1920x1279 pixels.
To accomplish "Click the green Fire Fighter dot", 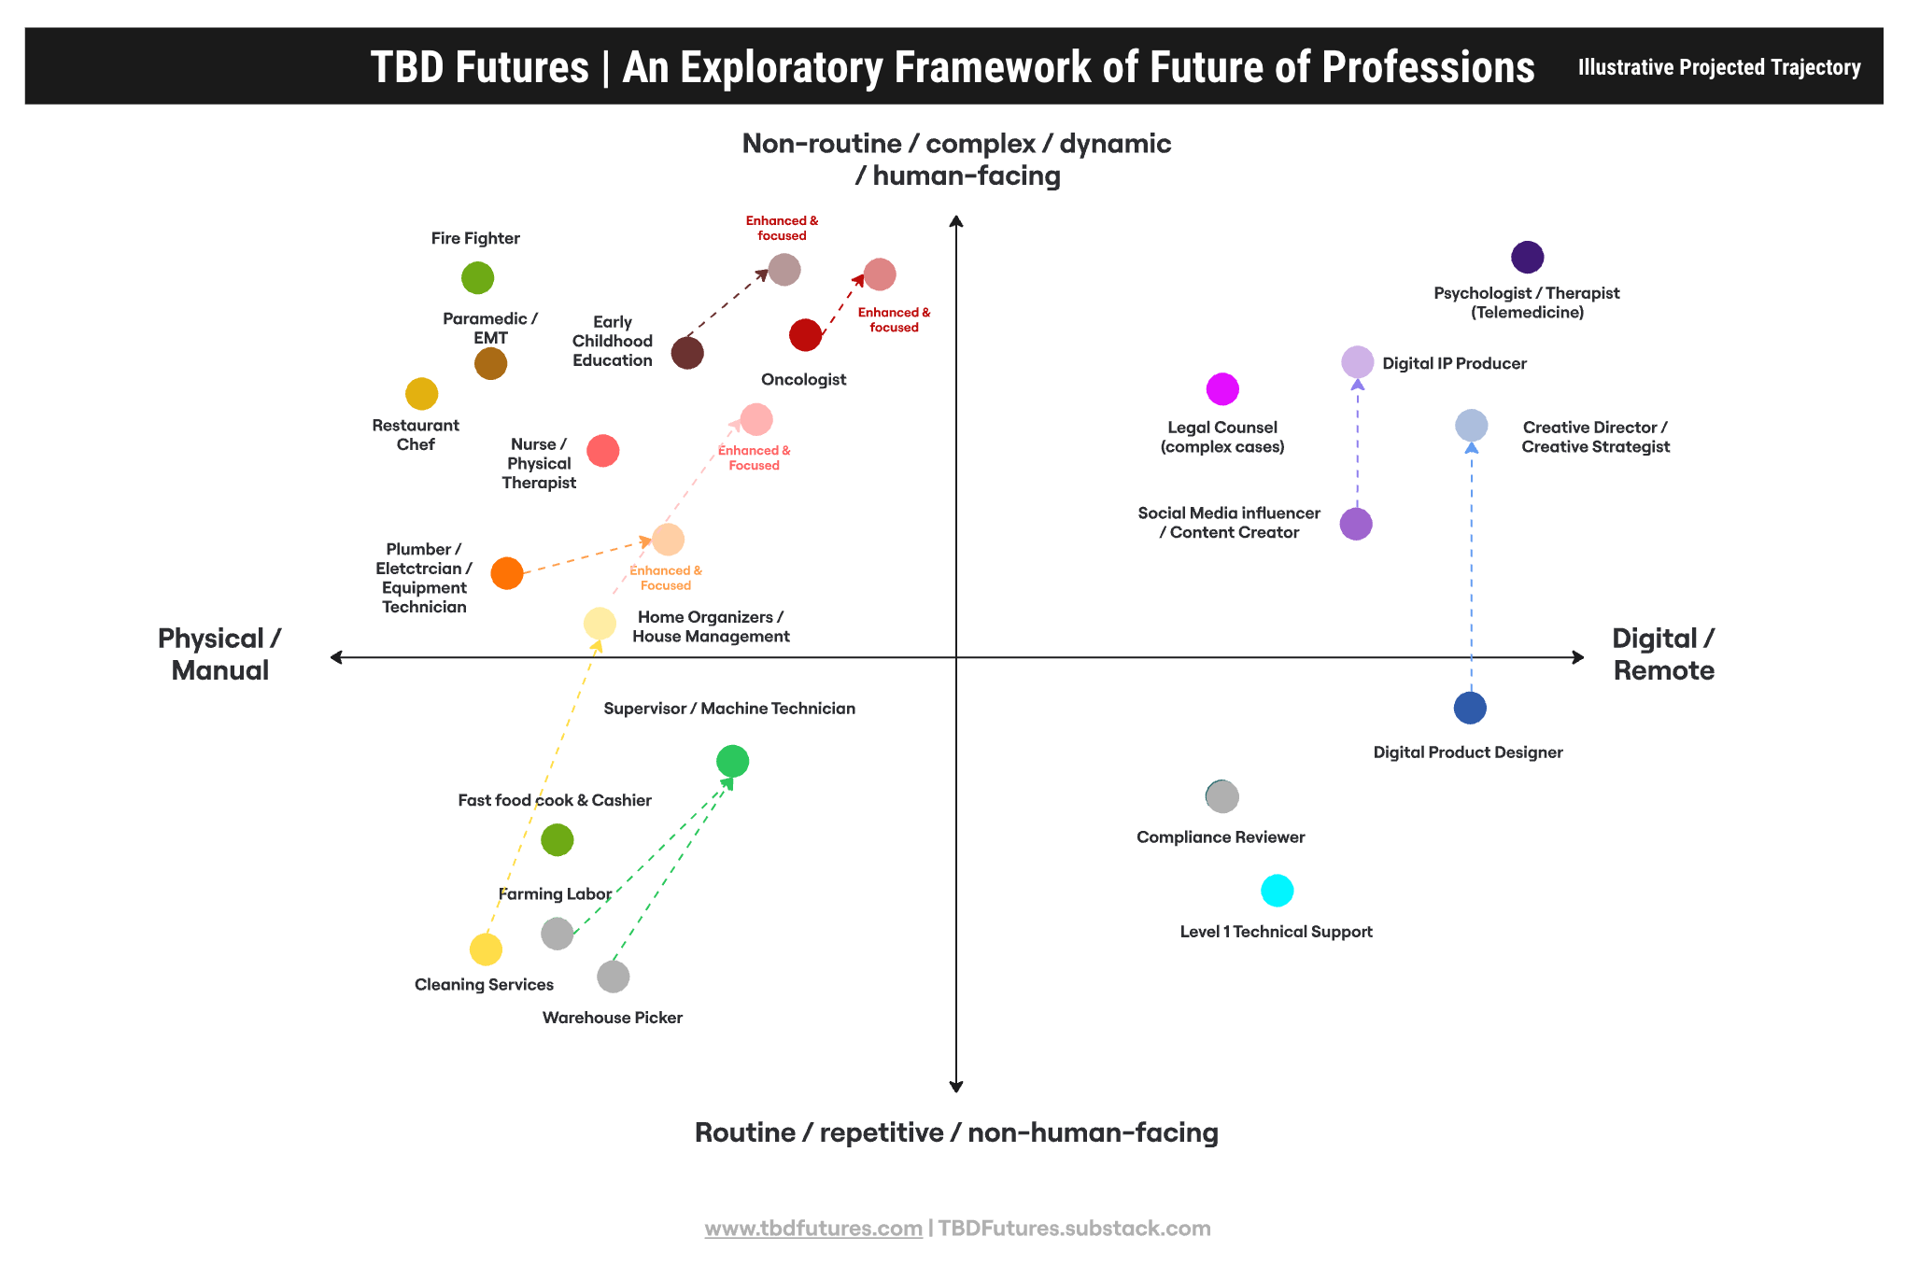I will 477,278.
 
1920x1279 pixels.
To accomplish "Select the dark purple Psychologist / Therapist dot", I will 1527,257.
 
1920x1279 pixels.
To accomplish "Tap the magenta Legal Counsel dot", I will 1222,389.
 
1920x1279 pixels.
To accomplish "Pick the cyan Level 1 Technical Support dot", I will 1277,891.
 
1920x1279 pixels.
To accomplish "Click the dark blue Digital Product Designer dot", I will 1470,708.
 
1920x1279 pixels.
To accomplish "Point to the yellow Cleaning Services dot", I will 486,949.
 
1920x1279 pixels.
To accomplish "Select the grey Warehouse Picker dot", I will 613,977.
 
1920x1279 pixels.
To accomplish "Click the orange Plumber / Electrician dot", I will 507,573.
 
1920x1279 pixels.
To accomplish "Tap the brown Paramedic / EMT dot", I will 490,363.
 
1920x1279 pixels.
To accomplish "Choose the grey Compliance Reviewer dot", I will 1222,797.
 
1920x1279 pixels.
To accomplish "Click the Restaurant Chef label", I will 416,435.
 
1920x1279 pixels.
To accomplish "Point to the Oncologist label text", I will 803,380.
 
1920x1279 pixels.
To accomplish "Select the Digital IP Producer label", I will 1454,364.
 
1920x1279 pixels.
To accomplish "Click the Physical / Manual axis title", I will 219,654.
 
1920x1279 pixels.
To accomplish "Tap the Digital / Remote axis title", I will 1663,654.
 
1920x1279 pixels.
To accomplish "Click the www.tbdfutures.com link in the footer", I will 812,1229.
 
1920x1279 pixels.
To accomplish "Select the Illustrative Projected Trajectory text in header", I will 1718,67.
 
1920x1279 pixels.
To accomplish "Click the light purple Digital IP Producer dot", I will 1357,362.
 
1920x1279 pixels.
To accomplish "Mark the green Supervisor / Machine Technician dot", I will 732,762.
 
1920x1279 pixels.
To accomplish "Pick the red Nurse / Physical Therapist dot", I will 602,451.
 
